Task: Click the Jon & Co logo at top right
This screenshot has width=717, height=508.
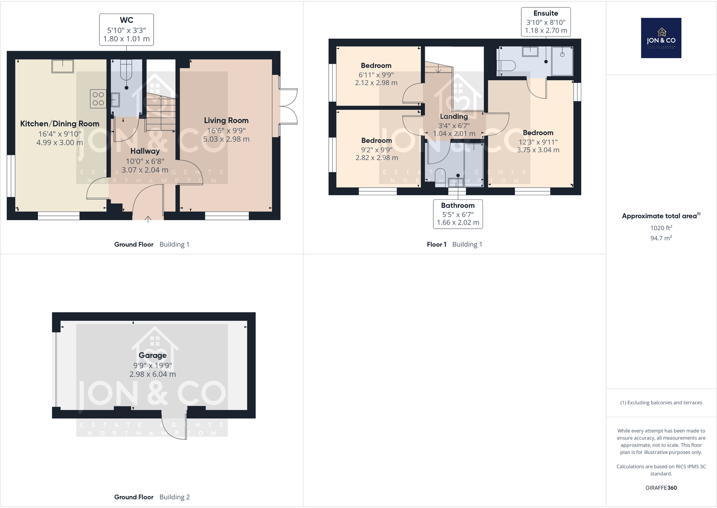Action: [x=661, y=38]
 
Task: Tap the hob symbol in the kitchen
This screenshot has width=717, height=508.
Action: [x=98, y=99]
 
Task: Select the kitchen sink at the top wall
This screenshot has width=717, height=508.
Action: [x=63, y=66]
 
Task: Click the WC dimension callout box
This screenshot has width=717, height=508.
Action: [x=126, y=30]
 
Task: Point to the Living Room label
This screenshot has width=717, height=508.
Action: [x=226, y=120]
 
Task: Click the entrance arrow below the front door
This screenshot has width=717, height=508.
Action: [x=148, y=220]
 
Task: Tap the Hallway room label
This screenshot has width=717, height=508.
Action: [x=145, y=151]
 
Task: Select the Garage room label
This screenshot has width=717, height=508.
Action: [x=152, y=355]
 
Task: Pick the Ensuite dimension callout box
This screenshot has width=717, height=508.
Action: [x=546, y=22]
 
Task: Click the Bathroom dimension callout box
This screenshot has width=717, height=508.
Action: [x=458, y=214]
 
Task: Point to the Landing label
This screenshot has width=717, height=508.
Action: [x=454, y=116]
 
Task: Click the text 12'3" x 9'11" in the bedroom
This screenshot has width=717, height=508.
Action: [x=538, y=142]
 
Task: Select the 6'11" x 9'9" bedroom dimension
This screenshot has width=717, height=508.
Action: [x=376, y=75]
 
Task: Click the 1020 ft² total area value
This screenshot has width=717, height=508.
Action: [x=661, y=228]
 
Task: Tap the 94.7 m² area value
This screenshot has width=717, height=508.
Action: [x=661, y=238]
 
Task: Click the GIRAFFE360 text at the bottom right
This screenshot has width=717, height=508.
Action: [x=661, y=488]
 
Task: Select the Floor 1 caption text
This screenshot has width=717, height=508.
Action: [x=437, y=244]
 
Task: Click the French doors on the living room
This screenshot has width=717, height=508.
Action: [x=288, y=106]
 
